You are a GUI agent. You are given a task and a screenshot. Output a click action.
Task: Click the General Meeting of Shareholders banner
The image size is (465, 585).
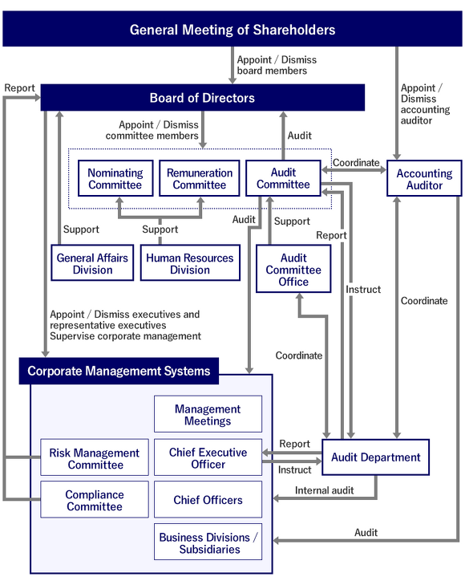coord(232,30)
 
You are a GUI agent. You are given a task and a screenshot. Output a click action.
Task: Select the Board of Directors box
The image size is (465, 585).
coord(202,98)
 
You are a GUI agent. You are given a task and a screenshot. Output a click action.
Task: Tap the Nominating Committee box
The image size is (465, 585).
coord(115,179)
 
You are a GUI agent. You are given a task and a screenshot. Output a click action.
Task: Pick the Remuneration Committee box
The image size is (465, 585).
coord(200,179)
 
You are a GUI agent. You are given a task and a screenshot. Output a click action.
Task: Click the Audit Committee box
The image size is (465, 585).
coord(283,178)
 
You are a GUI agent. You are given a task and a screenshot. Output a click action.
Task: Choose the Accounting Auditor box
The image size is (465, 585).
coord(424,179)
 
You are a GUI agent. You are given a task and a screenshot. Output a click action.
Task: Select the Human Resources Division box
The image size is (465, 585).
coord(190,264)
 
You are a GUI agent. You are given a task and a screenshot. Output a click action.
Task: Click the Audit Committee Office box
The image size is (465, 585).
coord(293,270)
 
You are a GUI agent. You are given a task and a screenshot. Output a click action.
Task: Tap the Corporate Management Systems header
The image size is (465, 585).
coord(119,371)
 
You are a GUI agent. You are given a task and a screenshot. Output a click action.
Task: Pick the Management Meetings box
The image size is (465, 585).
coord(208,415)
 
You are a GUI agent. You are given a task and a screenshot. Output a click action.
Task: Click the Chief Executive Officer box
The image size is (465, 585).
coord(208,458)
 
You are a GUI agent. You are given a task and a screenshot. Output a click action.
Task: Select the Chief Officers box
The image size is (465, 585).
coord(208,500)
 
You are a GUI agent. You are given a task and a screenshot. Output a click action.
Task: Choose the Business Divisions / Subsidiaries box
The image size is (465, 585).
coord(208,543)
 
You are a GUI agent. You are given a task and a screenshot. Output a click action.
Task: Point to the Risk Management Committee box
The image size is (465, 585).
coord(95,458)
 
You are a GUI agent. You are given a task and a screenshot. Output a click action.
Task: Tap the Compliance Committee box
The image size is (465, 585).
coord(95,501)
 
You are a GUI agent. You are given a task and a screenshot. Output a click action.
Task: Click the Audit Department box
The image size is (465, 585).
coord(375,457)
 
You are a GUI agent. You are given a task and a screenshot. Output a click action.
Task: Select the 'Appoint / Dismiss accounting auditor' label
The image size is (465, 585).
coord(420,104)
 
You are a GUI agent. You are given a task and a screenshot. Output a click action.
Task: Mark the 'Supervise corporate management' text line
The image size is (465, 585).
coord(125,336)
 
